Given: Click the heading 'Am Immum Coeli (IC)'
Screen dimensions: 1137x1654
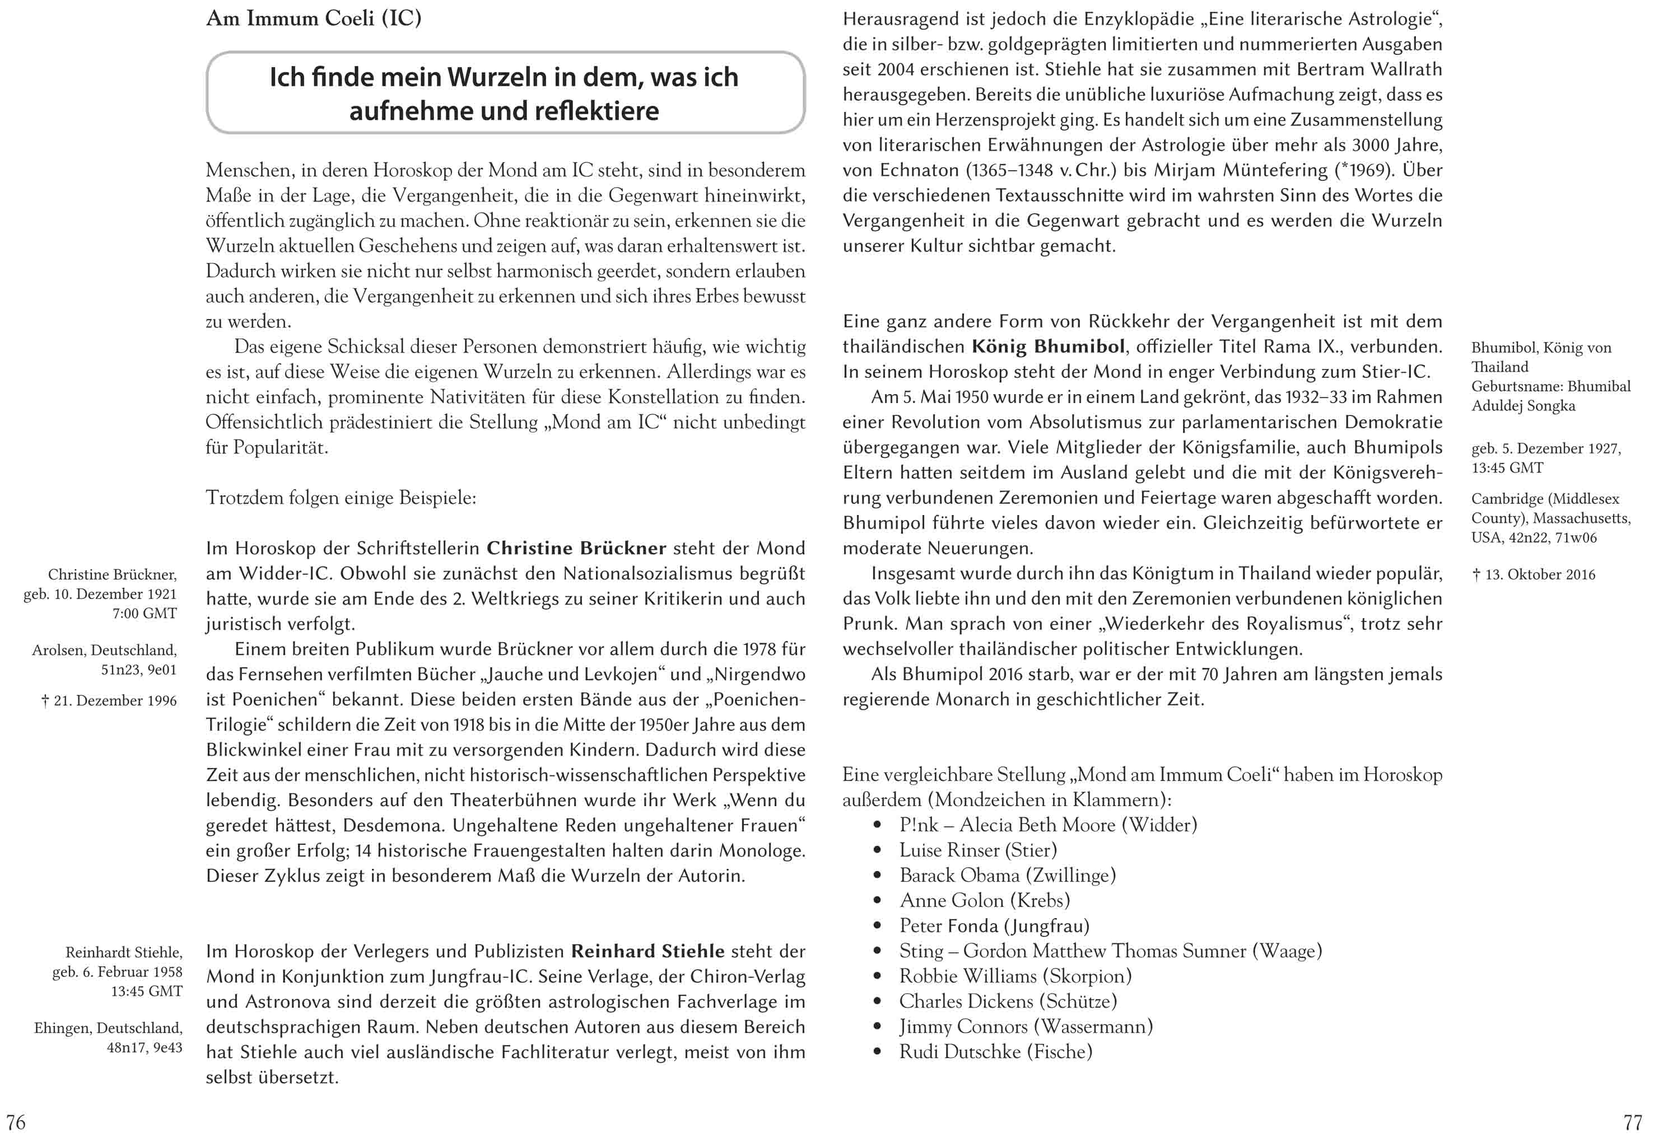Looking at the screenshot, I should coord(314,18).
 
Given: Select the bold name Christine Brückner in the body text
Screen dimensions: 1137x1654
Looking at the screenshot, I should coord(576,548).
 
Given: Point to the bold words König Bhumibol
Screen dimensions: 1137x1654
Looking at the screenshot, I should coord(1049,347).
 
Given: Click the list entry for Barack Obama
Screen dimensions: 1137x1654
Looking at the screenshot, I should coord(1007,875).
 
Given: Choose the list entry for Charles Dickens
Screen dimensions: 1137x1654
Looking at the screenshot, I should coord(1008,1001).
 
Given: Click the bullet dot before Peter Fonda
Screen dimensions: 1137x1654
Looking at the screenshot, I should coord(877,926).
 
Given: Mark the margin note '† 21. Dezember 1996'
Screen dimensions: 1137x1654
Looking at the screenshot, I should coord(109,701).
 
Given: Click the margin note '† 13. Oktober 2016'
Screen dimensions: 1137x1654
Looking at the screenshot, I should coord(1534,575).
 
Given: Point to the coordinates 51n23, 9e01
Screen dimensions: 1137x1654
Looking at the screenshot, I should coord(138,670).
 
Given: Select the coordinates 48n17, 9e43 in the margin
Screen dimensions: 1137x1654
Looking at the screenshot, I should coord(144,1047).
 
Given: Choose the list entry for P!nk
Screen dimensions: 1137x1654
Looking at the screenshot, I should coord(1047,825).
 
